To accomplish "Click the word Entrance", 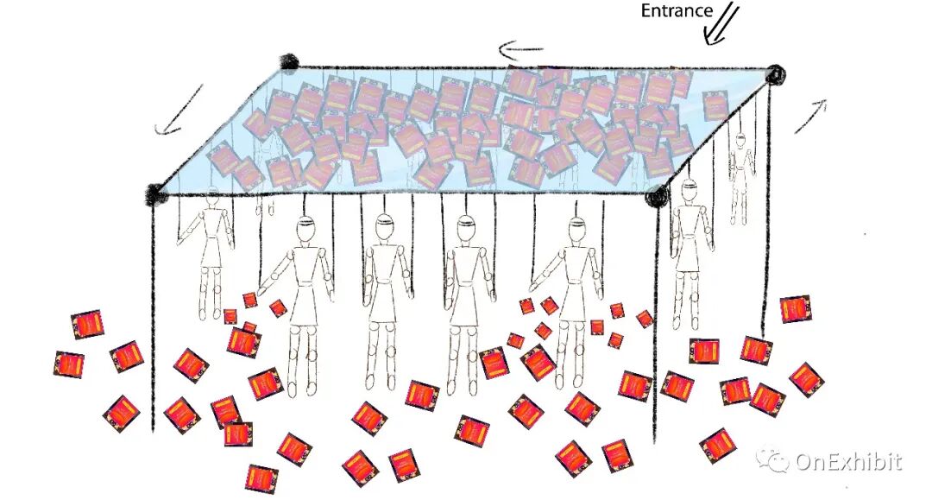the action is tap(677, 11).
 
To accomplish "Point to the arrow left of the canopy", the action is tap(179, 110).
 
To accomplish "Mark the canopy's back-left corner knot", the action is tap(289, 62).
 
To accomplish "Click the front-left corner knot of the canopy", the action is tap(156, 193).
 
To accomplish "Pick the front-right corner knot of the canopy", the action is tap(657, 197).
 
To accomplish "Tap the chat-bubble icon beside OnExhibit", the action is tap(773, 461).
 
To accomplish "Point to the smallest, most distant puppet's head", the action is tap(740, 139).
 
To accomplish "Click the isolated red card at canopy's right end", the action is tap(715, 105).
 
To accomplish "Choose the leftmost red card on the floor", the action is tap(68, 364).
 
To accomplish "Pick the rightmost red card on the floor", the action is tap(806, 378).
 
